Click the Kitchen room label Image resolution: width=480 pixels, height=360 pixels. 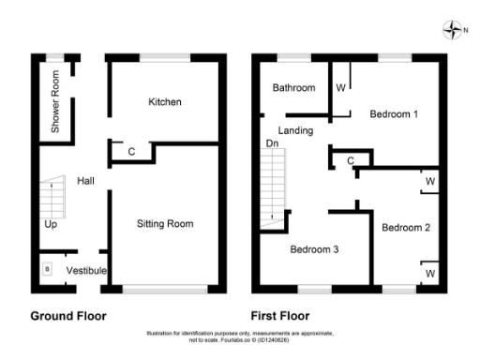[165, 101]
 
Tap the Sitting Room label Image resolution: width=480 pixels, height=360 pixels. [165, 224]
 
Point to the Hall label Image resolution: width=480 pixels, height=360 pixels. [86, 180]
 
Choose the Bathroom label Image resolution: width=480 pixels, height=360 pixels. [293, 88]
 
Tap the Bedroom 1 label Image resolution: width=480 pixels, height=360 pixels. [393, 114]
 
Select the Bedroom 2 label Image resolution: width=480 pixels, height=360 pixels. [406, 227]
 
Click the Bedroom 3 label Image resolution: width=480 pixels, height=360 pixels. [313, 249]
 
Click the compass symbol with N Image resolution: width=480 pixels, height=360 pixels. [451, 31]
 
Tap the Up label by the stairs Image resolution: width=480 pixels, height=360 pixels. [50, 225]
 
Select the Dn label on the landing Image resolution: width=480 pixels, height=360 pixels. [272, 143]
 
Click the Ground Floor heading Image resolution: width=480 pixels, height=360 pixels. [68, 316]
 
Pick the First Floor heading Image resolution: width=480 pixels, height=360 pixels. [280, 316]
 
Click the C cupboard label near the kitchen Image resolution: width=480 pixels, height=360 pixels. [131, 151]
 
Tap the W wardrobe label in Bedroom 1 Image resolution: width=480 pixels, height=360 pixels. [340, 88]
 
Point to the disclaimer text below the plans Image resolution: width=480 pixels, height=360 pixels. [240, 336]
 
